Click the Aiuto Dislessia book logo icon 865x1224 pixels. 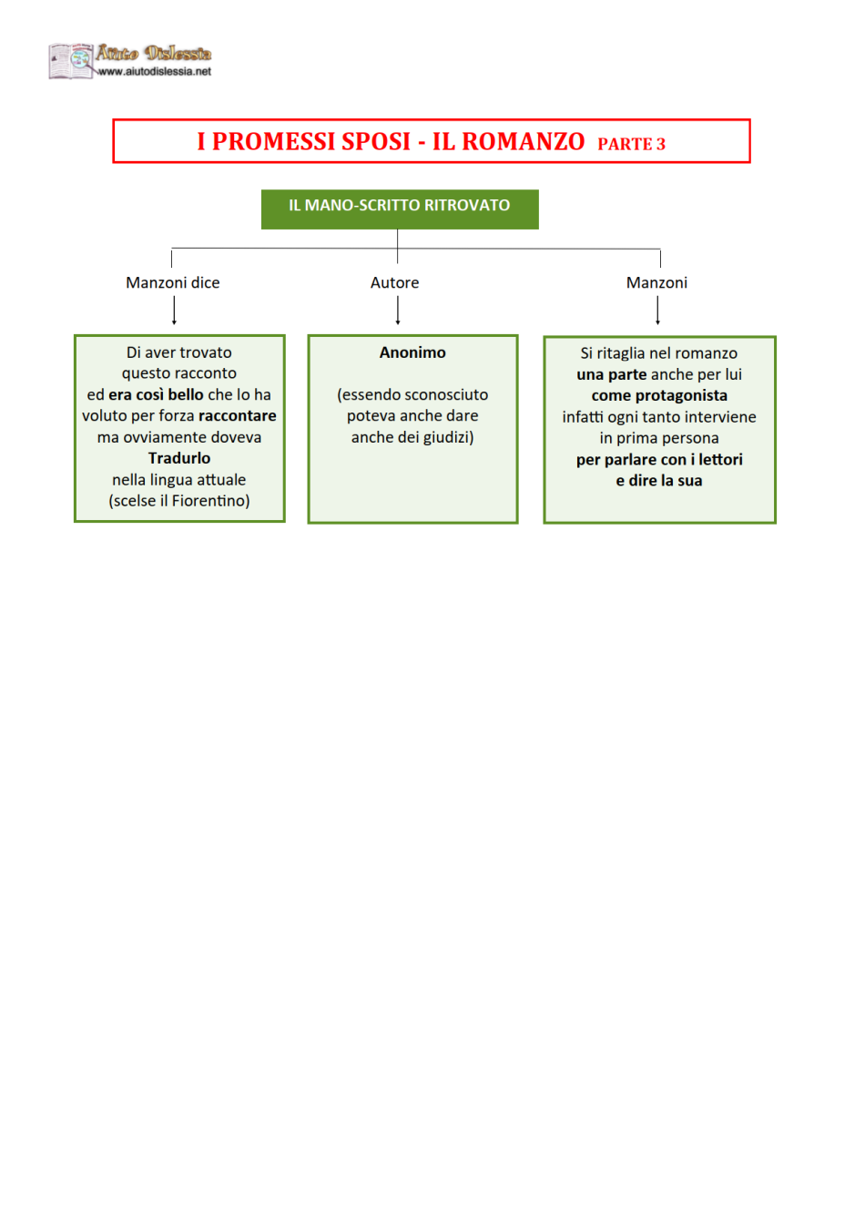(70, 61)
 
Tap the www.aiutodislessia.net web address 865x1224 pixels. (155, 72)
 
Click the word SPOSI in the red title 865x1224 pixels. (376, 141)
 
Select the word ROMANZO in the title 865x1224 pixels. (523, 141)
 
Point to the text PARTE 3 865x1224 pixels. (631, 144)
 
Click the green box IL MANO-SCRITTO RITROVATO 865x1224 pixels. (400, 209)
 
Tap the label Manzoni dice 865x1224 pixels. (173, 282)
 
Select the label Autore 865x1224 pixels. (394, 282)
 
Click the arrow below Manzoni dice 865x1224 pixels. (174, 311)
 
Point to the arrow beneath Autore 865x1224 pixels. (398, 311)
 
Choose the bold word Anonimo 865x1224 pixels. (412, 352)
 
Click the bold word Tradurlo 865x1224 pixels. (179, 458)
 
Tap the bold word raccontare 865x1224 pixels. (238, 416)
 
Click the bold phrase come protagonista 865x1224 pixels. (659, 395)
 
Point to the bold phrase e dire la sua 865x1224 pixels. (659, 481)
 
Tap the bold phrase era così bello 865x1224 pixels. (156, 394)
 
